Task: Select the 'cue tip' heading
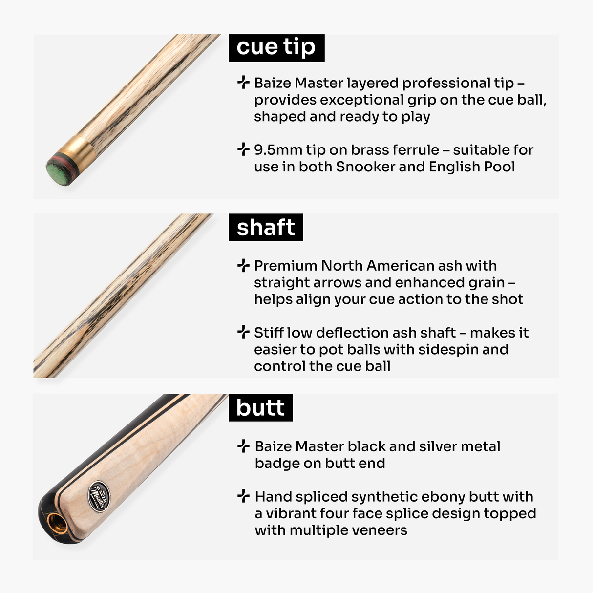pos(276,47)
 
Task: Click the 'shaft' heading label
pos(266,228)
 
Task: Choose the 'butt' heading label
pos(260,408)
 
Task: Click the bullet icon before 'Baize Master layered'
pos(243,83)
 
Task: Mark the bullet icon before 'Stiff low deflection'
pos(243,332)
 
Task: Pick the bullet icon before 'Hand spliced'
pos(243,496)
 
